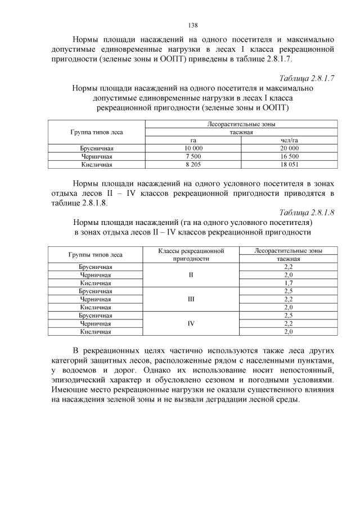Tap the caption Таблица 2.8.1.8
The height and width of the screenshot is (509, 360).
tap(307, 213)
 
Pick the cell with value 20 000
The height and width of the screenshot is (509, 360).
tap(289, 148)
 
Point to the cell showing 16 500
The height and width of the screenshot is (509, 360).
tap(289, 156)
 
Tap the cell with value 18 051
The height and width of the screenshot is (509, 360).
tap(289, 165)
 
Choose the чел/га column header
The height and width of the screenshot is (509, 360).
tap(289, 140)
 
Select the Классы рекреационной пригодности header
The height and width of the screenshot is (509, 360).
tap(191, 255)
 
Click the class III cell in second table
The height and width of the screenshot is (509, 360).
tap(191, 299)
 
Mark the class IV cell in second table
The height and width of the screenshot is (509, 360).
tap(191, 324)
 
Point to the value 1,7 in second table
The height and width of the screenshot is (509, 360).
tap(289, 283)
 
